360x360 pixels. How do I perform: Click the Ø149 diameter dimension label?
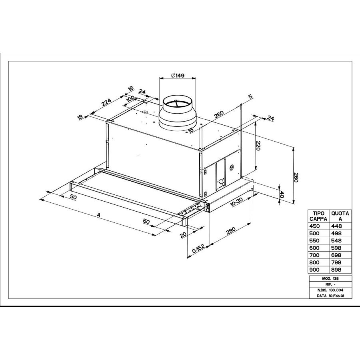pyautogui.click(x=176, y=76)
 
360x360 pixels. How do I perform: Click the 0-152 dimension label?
pyautogui.click(x=198, y=249)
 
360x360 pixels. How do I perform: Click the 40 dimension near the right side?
pyautogui.click(x=282, y=195)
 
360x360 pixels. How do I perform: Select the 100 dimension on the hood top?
pyautogui.click(x=130, y=99)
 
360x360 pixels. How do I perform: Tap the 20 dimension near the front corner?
pyautogui.click(x=184, y=235)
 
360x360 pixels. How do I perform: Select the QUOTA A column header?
pyautogui.click(x=340, y=216)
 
